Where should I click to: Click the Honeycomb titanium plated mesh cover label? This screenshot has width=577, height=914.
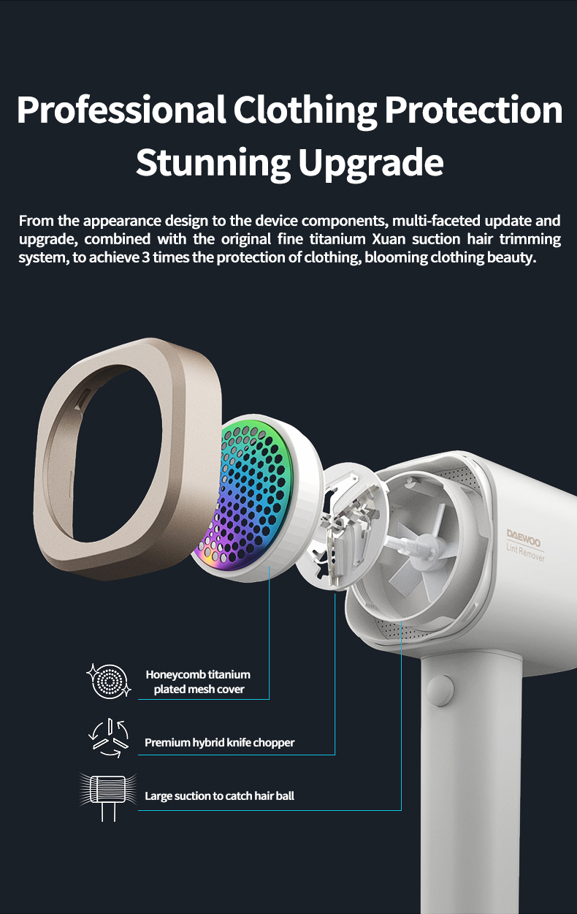199,681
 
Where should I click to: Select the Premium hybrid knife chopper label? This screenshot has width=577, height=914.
219,743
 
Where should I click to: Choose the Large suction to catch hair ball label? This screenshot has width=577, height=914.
219,796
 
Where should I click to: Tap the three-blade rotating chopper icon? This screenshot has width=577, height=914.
108,739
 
